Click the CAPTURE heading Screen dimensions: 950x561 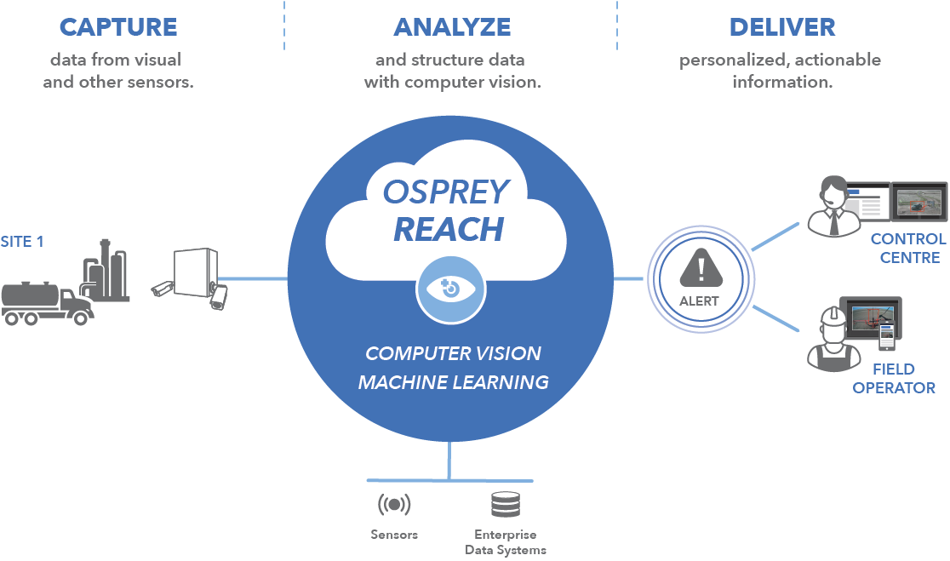point(118,27)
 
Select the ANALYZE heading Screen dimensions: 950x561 point(452,27)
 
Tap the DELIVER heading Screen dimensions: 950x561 point(782,27)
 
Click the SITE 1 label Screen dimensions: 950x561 point(22,242)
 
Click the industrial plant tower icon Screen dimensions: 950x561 point(106,270)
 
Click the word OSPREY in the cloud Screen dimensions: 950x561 point(446,192)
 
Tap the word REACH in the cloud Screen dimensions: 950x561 point(449,230)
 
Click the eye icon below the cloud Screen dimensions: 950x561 point(451,289)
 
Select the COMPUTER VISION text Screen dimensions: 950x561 point(453,353)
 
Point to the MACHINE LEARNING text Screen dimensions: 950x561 point(453,382)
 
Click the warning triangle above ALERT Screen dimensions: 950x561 point(701,268)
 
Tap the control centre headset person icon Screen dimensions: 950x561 point(834,206)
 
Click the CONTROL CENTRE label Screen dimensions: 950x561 point(909,249)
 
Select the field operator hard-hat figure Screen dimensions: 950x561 point(833,340)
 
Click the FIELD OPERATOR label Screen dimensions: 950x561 point(894,379)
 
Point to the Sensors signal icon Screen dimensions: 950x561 point(394,504)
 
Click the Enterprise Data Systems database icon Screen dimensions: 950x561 point(506,504)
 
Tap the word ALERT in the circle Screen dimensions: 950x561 point(699,301)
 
